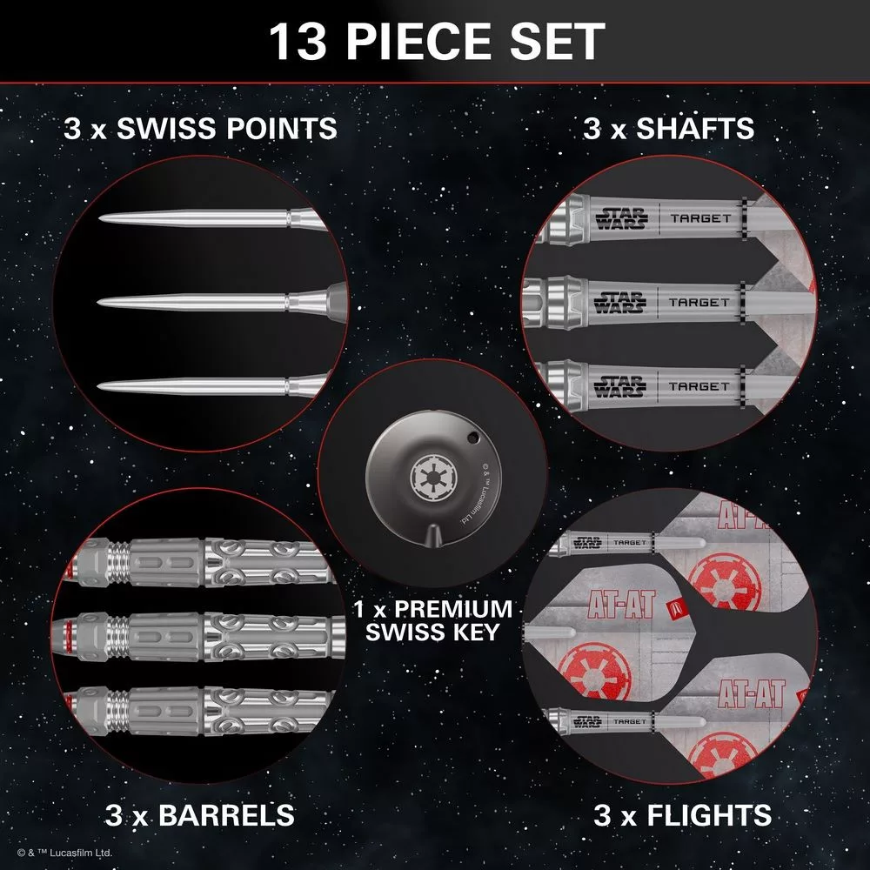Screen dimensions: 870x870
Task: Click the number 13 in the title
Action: pos(298,42)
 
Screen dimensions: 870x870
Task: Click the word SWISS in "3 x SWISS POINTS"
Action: pos(165,128)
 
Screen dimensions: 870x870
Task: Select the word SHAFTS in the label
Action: pos(694,128)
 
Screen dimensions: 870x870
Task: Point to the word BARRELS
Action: pos(226,815)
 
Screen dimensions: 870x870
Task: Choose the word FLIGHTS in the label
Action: pos(710,815)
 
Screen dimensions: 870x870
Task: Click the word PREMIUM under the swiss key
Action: pos(453,609)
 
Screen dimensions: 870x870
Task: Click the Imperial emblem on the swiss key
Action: pos(433,478)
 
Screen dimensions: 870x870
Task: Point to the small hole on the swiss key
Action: pos(472,437)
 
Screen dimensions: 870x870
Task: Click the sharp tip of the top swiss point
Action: pos(100,218)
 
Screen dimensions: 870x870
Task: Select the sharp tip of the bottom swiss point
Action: pos(99,386)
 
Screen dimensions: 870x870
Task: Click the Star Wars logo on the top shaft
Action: pos(622,218)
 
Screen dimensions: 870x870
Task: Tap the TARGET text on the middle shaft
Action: pos(699,303)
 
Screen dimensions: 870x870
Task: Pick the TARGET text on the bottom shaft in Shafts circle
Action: pos(699,386)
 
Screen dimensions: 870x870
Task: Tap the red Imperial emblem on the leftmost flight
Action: pos(594,670)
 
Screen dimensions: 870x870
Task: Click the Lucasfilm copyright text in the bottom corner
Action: pos(65,853)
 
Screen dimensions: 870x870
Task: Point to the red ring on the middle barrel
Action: pos(69,637)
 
